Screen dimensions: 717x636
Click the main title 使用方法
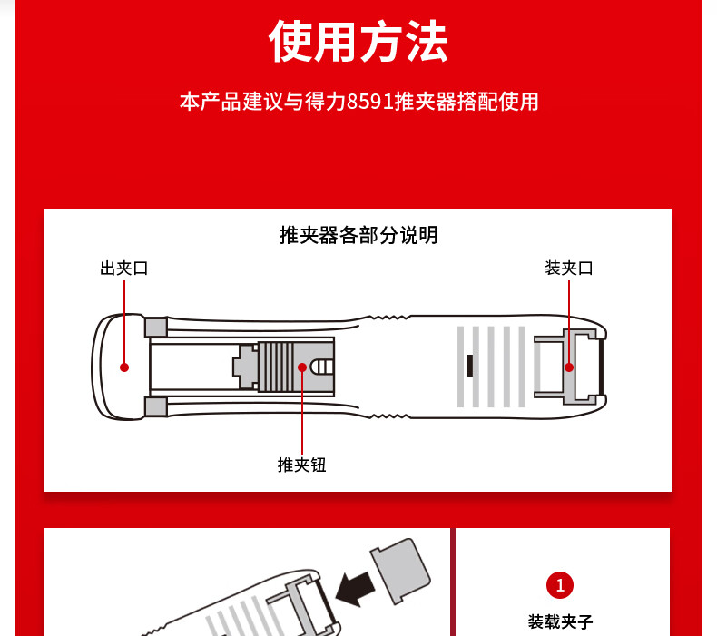click(x=358, y=41)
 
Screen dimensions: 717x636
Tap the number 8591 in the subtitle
click(x=370, y=102)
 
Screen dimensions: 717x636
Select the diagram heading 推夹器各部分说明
click(x=358, y=236)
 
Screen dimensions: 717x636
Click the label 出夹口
click(x=124, y=269)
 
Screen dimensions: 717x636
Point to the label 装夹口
click(x=569, y=269)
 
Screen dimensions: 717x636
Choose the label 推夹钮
click(x=302, y=465)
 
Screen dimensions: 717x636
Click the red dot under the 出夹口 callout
click(x=124, y=367)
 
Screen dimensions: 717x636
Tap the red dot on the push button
click(x=302, y=367)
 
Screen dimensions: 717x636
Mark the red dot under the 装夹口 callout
click(x=569, y=367)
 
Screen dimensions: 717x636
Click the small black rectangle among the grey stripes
click(x=469, y=366)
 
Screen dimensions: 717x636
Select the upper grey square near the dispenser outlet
click(x=156, y=328)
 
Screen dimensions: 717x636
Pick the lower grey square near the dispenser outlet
click(x=156, y=407)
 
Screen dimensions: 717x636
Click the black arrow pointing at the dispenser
click(x=355, y=590)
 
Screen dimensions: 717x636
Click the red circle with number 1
click(x=560, y=585)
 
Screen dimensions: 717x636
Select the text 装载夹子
click(x=560, y=621)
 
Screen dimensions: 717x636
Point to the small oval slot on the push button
click(x=322, y=367)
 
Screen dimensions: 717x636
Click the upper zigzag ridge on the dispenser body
click(x=389, y=317)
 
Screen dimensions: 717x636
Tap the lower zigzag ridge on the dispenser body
click(x=389, y=416)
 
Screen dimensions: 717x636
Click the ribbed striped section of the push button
click(x=276, y=367)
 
